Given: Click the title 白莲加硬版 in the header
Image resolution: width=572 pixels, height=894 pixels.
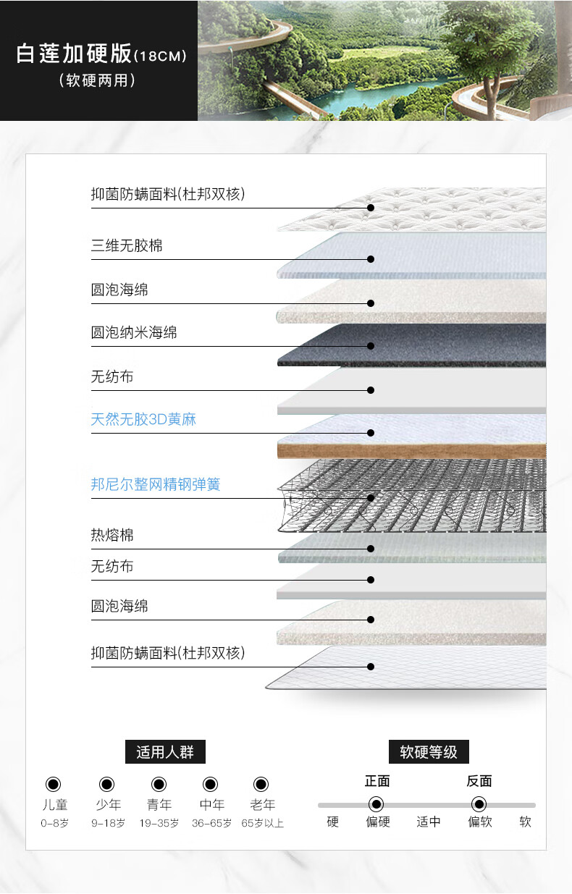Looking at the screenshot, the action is (x=74, y=54).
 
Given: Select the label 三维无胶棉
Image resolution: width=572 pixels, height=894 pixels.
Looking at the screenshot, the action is (x=127, y=245).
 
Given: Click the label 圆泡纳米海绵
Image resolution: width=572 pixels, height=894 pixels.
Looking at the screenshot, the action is (x=134, y=333).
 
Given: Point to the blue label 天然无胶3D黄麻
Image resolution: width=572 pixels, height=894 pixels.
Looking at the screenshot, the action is (x=143, y=419).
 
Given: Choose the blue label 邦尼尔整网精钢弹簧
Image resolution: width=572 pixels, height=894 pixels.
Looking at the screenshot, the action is (x=156, y=484).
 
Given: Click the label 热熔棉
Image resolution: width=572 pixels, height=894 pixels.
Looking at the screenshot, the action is (x=112, y=536).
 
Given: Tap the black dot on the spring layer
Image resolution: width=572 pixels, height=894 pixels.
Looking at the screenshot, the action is (x=371, y=498).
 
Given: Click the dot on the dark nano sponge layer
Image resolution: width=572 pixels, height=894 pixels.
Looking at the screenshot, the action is (x=371, y=346).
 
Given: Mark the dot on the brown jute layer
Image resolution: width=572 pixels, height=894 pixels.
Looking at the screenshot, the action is (x=371, y=433).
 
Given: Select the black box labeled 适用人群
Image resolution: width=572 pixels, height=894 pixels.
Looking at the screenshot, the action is (x=165, y=751).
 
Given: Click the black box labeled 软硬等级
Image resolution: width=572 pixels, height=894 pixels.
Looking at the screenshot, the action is (x=429, y=751).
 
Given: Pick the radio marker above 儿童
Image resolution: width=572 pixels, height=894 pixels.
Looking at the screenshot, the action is (x=54, y=784).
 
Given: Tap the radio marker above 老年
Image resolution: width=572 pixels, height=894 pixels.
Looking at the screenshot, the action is (x=261, y=784).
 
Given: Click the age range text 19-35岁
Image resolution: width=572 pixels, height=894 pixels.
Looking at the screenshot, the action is (x=159, y=823).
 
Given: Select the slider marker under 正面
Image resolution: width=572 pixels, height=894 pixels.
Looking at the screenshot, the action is (x=376, y=804).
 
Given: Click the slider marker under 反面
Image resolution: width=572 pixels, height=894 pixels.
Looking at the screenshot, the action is (x=479, y=804).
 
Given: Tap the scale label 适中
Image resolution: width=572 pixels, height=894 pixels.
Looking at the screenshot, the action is (x=429, y=822).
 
